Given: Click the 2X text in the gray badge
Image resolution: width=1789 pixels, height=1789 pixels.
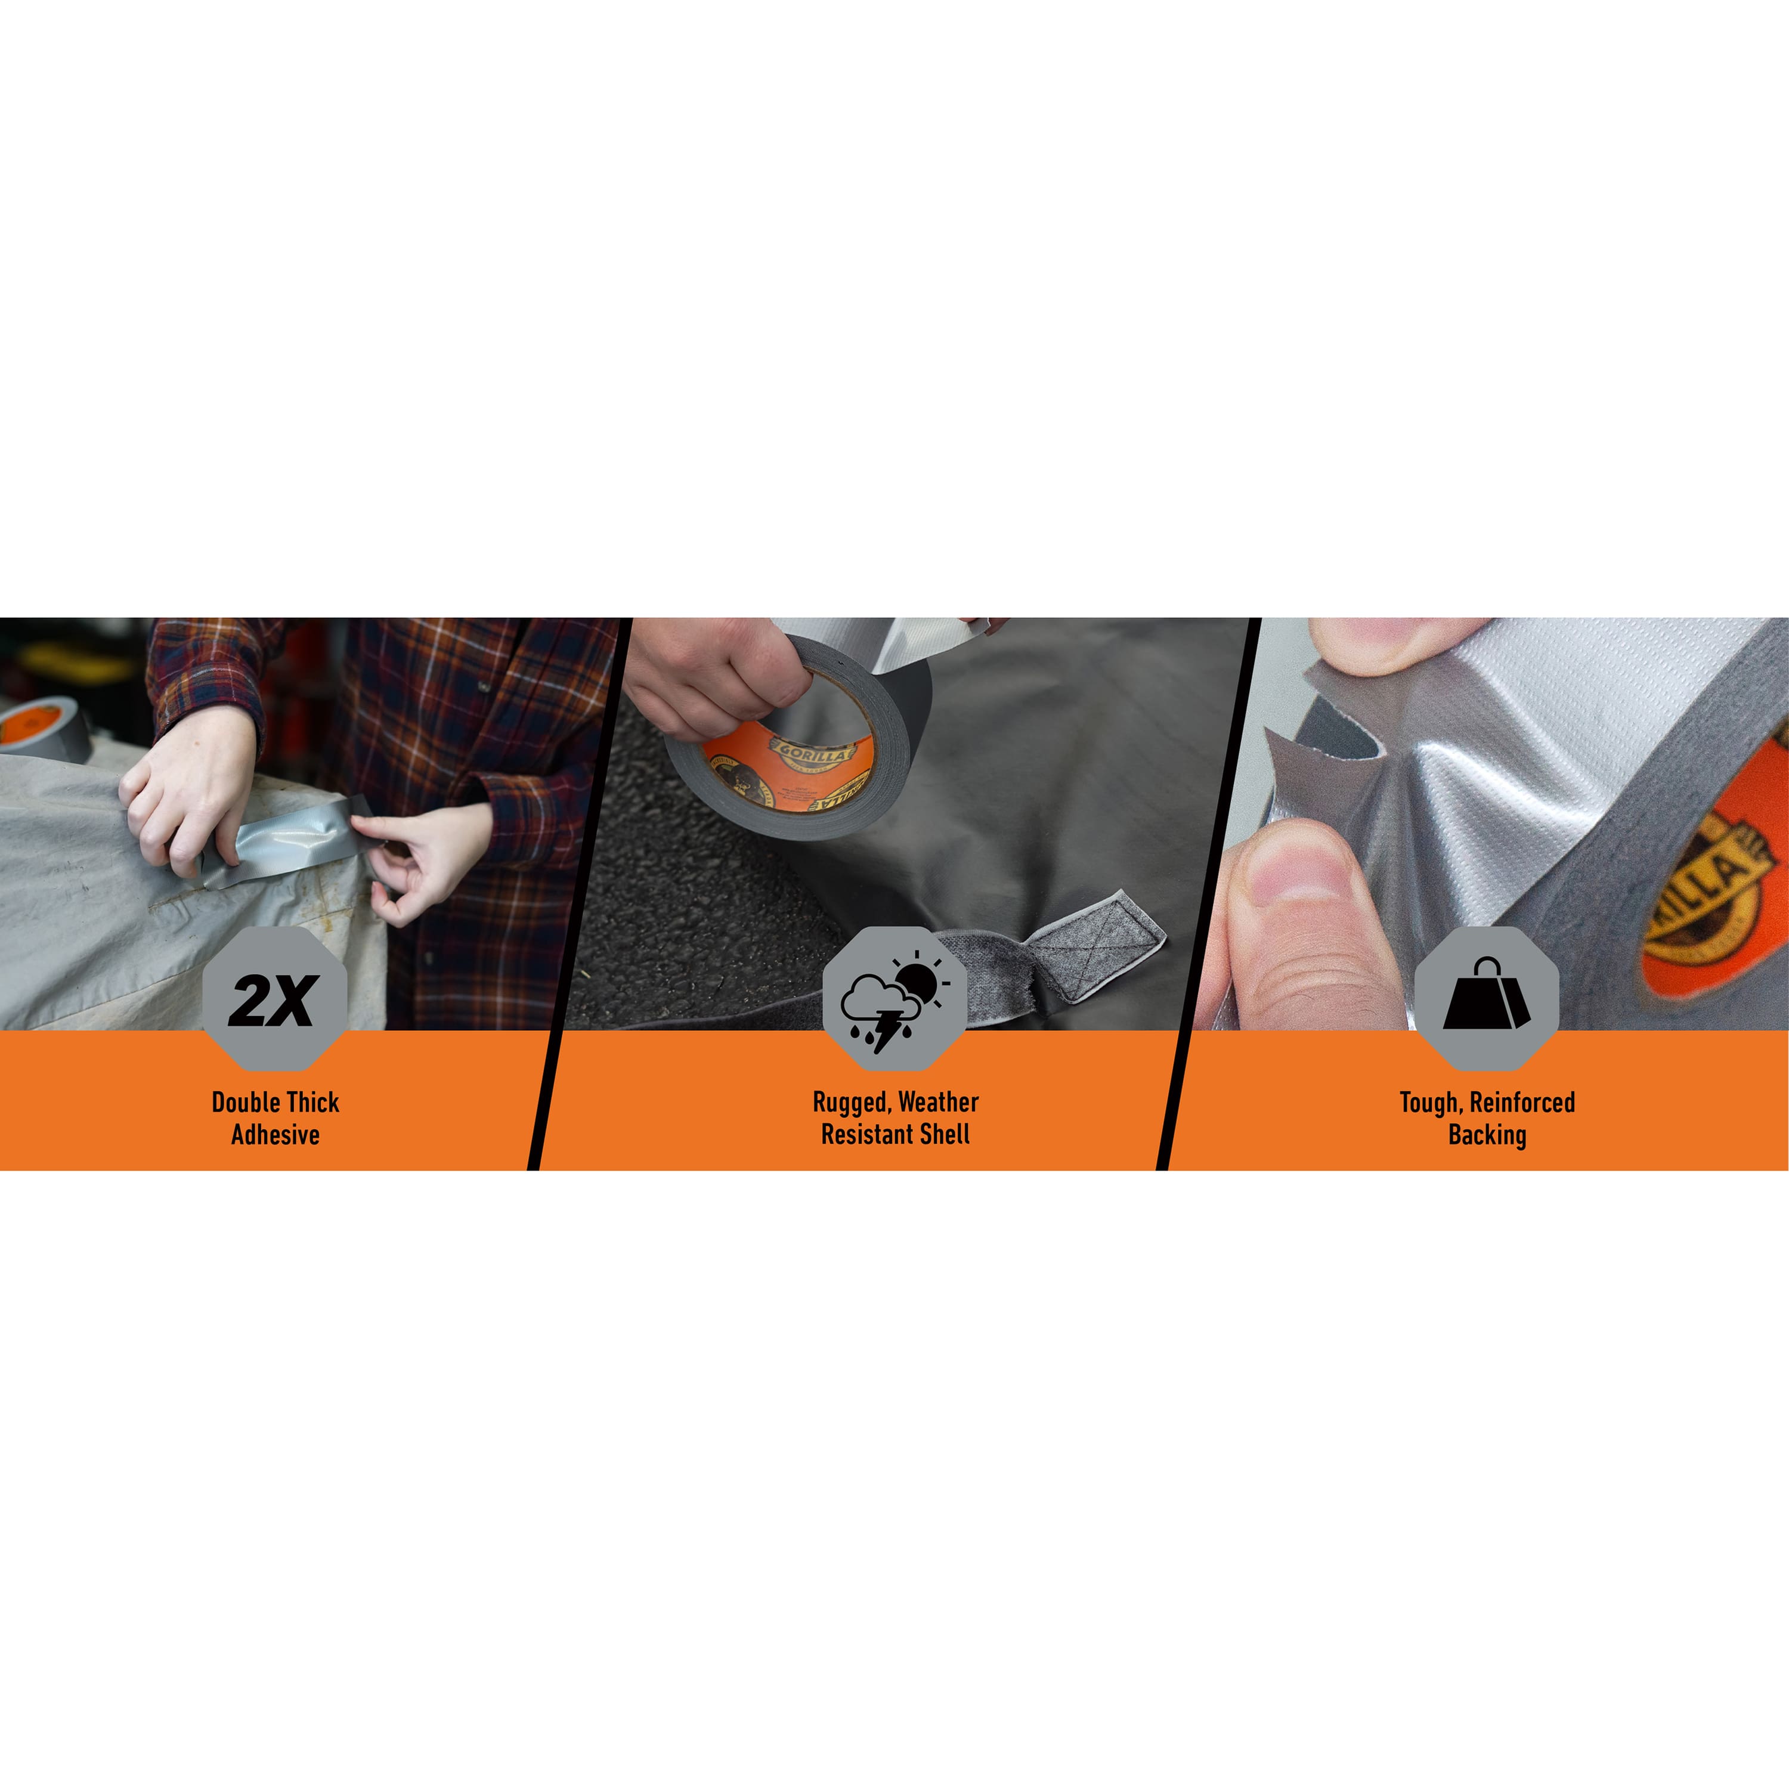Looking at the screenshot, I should (274, 1000).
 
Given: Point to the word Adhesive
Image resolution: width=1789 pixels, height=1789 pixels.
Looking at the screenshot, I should (275, 1134).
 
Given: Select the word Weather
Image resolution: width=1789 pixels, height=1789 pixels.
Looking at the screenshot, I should (938, 1102).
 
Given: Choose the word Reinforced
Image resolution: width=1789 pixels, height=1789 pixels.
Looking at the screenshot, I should (1522, 1102).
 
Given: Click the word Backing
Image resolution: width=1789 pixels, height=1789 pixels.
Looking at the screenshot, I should (1487, 1134).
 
